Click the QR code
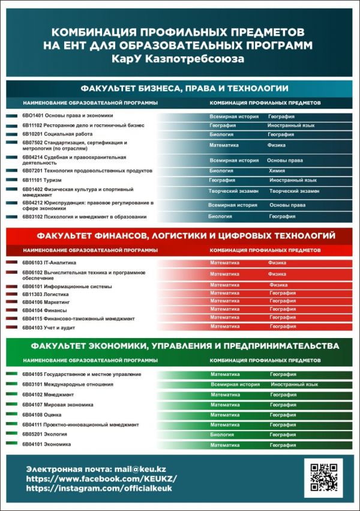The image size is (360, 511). pyautogui.click(x=323, y=478)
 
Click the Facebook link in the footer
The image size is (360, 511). pyautogui.click(x=101, y=479)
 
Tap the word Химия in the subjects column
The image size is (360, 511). pyautogui.click(x=277, y=171)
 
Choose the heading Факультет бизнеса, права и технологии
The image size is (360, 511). pyautogui.click(x=180, y=88)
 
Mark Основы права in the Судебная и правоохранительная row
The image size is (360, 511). pyautogui.click(x=284, y=161)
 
